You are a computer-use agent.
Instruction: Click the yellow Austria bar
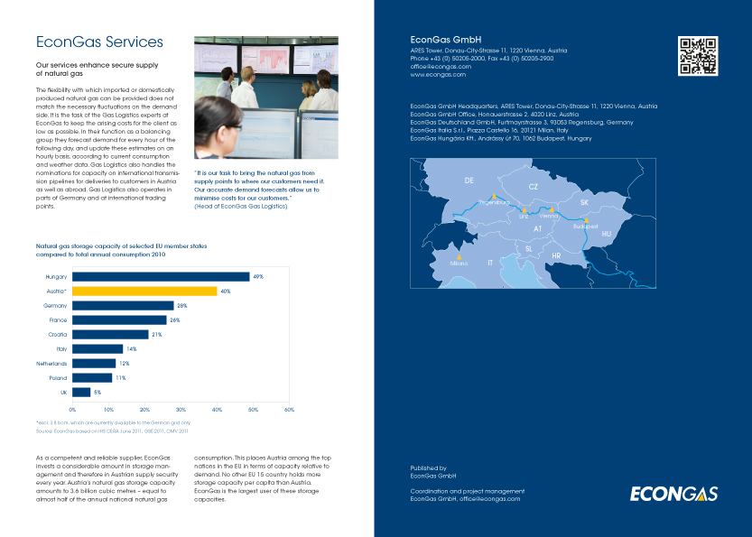click(x=144, y=292)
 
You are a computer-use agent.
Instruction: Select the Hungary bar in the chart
click(x=161, y=276)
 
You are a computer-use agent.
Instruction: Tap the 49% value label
click(x=257, y=276)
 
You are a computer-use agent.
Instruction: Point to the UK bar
click(x=81, y=393)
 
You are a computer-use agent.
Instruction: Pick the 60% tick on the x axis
click(x=289, y=409)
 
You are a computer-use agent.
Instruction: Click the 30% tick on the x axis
click(x=181, y=409)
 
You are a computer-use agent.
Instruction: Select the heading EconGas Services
click(x=99, y=42)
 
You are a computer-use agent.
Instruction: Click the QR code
click(x=697, y=56)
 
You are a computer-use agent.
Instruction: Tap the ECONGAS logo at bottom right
click(x=673, y=493)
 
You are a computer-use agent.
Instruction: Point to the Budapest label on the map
click(x=586, y=227)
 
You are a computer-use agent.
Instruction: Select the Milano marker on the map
click(x=460, y=257)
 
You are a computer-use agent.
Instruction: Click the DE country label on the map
click(x=469, y=181)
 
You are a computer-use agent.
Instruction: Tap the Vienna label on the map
click(x=549, y=217)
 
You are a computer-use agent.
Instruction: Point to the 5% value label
click(x=97, y=393)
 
